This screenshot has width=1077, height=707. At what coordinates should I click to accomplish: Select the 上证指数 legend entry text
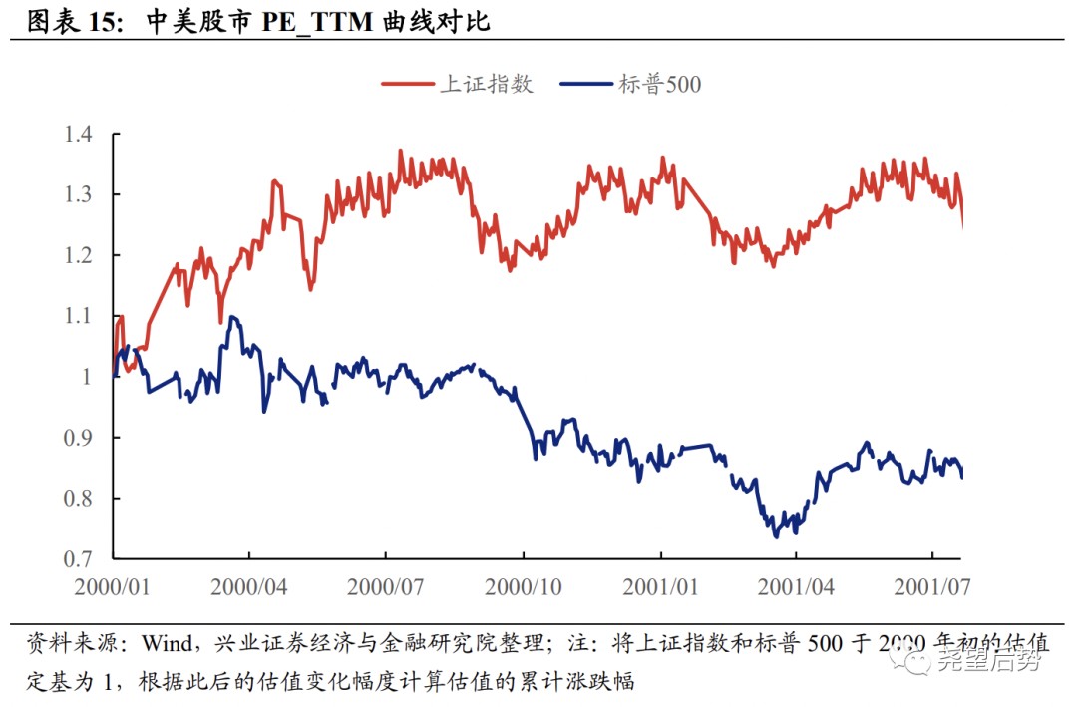[x=487, y=84]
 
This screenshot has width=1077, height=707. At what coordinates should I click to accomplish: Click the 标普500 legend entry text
[x=659, y=84]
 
